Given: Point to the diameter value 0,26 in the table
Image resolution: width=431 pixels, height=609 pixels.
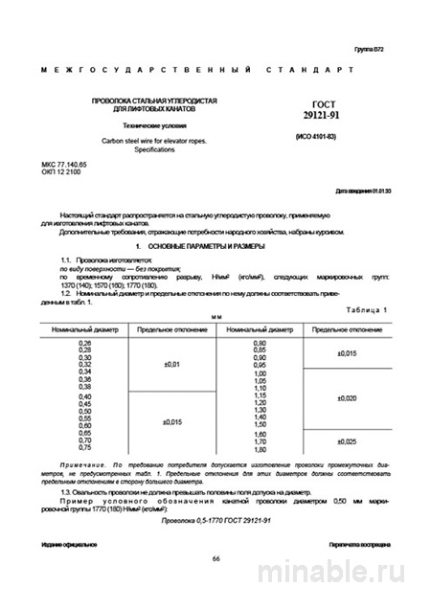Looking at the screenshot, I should pyautogui.click(x=84, y=343).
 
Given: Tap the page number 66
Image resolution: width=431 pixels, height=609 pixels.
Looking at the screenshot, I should pyautogui.click(x=216, y=559).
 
